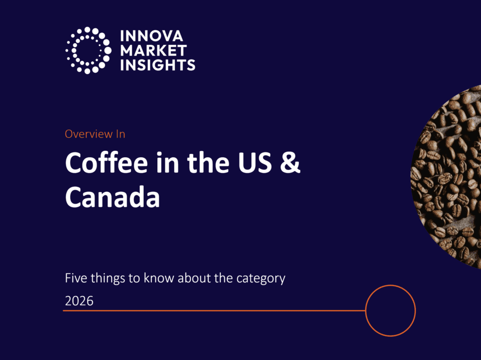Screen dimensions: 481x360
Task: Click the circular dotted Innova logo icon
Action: click(x=88, y=50)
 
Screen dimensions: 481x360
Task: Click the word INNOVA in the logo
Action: click(x=152, y=36)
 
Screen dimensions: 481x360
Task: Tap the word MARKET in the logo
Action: click(x=154, y=51)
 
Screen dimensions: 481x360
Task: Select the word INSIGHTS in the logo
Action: click(x=158, y=65)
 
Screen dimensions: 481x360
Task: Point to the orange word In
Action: click(x=121, y=134)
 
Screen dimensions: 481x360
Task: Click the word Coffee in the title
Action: click(x=107, y=162)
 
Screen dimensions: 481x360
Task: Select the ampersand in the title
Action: click(x=290, y=162)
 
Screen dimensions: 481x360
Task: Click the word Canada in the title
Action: click(x=112, y=197)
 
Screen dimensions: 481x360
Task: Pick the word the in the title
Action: click(x=208, y=162)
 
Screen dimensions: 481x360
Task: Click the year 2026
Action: click(x=79, y=301)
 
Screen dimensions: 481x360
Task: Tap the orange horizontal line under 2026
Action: click(x=214, y=311)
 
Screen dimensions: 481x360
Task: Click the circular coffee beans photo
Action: click(x=447, y=176)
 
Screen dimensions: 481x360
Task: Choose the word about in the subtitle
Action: click(x=194, y=278)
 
